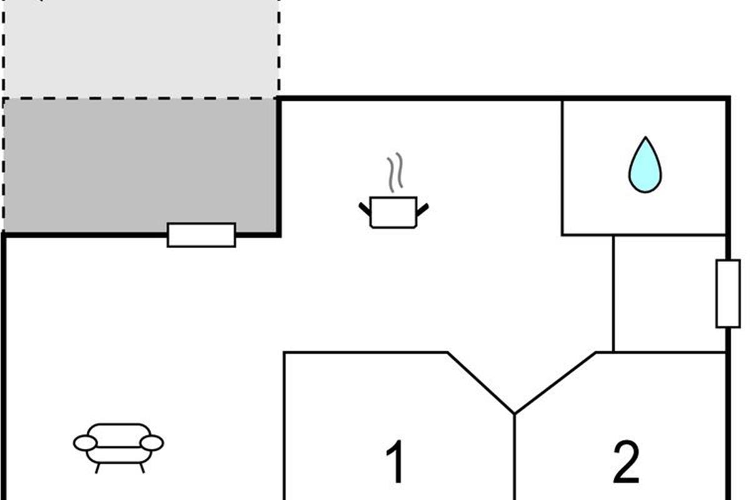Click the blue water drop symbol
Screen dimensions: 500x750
(644, 167)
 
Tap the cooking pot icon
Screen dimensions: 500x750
(393, 212)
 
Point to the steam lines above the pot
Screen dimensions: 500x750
(394, 174)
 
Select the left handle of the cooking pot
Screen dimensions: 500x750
(364, 207)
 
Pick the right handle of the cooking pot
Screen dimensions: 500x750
(422, 207)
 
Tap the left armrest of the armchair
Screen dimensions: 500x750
(85, 443)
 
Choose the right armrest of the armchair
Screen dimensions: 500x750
(151, 443)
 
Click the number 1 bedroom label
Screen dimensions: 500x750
(395, 462)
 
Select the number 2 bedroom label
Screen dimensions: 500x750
(626, 462)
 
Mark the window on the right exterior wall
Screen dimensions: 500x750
(727, 294)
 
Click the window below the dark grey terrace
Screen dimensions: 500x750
(201, 235)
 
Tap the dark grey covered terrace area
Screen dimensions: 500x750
(141, 166)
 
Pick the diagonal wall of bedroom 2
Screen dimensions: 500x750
(555, 382)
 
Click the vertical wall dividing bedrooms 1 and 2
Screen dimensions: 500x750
(514, 456)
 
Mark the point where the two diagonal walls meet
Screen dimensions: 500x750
(514, 414)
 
